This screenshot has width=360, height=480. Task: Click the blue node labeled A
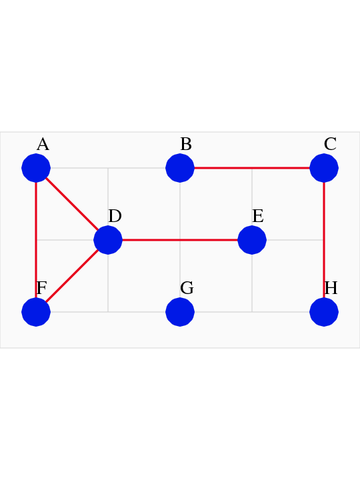click(36, 168)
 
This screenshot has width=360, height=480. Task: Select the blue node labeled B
click(180, 168)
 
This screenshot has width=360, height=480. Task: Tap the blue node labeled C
click(324, 168)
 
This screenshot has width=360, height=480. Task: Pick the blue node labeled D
click(108, 240)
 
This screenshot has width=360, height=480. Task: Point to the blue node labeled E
click(252, 240)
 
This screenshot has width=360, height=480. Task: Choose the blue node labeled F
click(36, 312)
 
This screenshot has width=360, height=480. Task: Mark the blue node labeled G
click(180, 312)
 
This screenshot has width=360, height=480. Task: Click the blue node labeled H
click(324, 312)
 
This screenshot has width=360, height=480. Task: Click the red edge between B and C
click(252, 168)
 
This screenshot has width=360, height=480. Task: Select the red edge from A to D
click(72, 204)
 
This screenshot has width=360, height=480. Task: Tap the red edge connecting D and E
click(180, 240)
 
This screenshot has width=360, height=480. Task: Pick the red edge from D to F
click(72, 276)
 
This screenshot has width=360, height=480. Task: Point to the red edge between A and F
click(36, 240)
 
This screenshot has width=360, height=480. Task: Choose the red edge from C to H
click(324, 240)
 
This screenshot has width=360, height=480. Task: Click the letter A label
click(43, 144)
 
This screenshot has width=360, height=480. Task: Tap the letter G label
click(187, 288)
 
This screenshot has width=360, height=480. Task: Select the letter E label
click(258, 216)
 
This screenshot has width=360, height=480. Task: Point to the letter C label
click(330, 144)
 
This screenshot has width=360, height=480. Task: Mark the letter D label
click(115, 216)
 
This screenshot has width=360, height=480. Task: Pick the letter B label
click(186, 144)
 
